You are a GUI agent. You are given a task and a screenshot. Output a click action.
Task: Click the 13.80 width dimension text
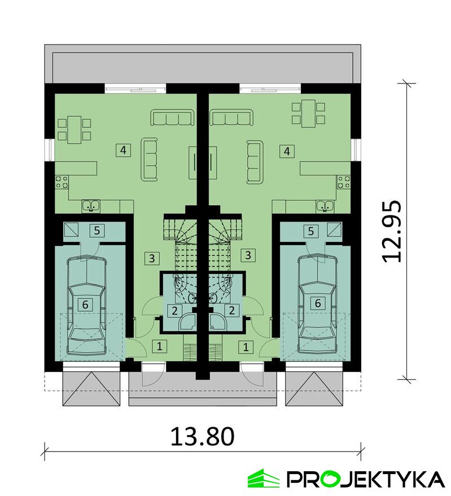tap(203, 436)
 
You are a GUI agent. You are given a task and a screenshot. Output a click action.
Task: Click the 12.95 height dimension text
tap(392, 231)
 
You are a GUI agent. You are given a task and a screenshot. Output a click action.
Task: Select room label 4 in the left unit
tap(123, 149)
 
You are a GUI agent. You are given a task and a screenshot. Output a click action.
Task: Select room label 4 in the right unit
tap(287, 151)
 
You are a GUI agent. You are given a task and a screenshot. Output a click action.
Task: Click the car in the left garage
tap(86, 305)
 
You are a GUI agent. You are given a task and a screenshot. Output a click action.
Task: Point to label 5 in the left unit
tap(97, 231)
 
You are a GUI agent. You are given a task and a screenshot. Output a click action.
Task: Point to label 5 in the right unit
tap(310, 231)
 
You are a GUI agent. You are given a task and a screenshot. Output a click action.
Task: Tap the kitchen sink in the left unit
tap(91, 206)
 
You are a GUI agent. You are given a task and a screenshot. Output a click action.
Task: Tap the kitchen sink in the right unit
tap(325, 206)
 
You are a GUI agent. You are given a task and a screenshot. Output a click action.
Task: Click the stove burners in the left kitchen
tap(62, 182)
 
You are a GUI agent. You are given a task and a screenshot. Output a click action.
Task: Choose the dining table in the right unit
tap(308, 113)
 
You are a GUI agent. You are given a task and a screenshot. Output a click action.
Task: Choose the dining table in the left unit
tap(75, 130)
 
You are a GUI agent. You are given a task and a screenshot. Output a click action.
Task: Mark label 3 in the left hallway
tap(152, 258)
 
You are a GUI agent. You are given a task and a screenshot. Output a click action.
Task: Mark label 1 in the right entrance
tap(246, 347)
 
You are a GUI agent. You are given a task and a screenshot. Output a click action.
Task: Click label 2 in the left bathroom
tap(174, 311)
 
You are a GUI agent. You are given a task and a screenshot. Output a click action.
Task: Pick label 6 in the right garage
tap(318, 303)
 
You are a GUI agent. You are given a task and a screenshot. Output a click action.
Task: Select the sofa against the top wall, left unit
tap(172, 118)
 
